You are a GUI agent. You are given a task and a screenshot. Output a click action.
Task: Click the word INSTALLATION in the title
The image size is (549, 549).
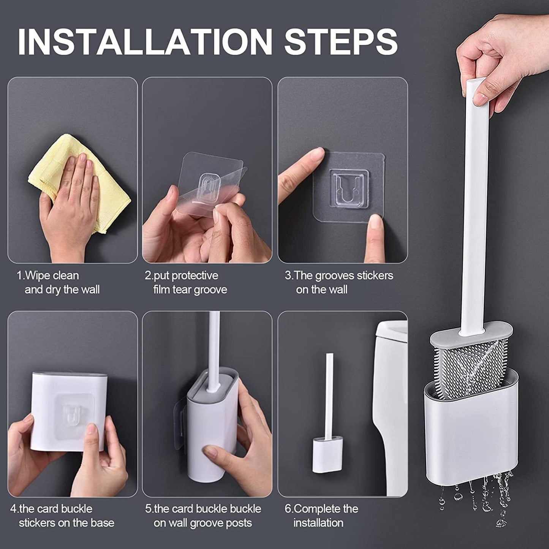[145, 41]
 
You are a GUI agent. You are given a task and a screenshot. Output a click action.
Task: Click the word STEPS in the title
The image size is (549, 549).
[341, 41]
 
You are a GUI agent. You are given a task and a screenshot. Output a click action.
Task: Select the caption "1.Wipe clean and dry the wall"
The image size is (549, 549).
[58, 282]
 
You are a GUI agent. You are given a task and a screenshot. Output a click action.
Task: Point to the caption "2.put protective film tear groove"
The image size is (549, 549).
[186, 282]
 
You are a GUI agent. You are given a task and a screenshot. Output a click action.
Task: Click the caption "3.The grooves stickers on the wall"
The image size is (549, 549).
[339, 282]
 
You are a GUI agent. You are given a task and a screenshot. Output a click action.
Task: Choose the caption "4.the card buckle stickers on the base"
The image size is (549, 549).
[62, 516]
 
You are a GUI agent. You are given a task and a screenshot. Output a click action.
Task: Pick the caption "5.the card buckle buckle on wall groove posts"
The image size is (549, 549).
[203, 516]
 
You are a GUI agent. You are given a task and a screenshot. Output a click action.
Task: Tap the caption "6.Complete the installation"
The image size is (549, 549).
[321, 516]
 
